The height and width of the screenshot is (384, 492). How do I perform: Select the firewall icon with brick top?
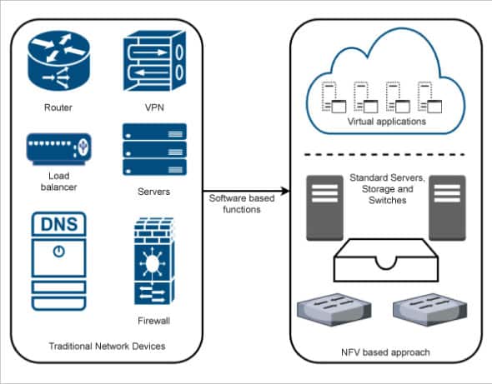tap(153, 262)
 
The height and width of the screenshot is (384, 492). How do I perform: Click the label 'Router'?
tap(58, 107)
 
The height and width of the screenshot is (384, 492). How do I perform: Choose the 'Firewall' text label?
tap(153, 320)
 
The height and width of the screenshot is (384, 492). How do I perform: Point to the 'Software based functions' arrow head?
tap(285, 192)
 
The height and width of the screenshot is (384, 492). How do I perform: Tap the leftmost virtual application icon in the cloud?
tap(332, 97)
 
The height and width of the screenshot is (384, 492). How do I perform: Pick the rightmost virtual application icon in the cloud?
tap(429, 97)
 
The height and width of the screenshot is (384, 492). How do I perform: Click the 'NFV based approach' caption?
tap(386, 352)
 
